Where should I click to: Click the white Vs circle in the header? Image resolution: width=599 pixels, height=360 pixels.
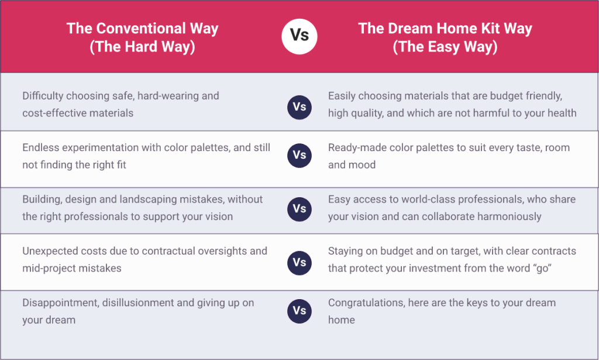pos(299,36)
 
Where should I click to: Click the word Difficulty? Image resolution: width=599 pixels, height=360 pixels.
pos(43,96)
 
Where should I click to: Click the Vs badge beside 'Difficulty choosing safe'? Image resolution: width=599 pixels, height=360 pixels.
pos(299,107)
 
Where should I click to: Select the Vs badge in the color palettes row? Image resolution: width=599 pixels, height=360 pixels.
pos(299,156)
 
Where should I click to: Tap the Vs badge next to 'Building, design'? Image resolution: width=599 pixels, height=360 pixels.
pos(299,210)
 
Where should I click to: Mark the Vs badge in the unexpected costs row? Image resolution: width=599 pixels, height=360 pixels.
pos(299,263)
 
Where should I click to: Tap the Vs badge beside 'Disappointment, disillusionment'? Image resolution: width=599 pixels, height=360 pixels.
pos(299,311)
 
